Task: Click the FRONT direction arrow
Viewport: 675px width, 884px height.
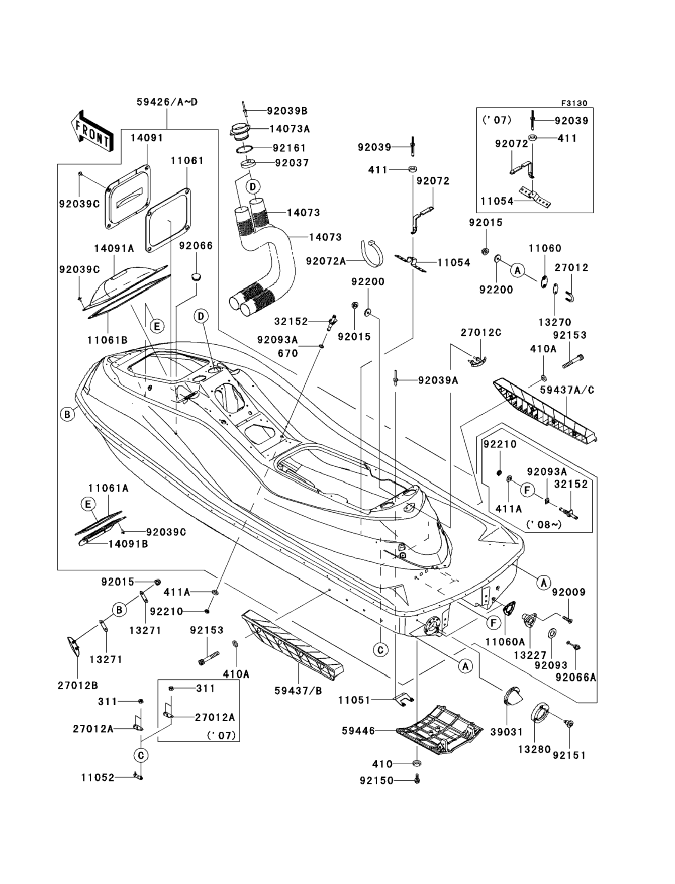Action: (x=92, y=132)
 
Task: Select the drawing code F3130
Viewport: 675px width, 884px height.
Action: (x=574, y=104)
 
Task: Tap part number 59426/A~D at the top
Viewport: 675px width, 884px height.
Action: (x=167, y=102)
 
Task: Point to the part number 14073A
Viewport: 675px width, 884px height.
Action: (x=289, y=129)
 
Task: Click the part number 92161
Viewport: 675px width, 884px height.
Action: (x=289, y=148)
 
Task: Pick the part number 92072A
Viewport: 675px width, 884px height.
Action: (x=326, y=261)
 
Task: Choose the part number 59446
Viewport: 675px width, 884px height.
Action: (x=358, y=731)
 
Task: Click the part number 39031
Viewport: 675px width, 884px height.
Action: (x=506, y=732)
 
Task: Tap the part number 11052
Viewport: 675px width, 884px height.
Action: (x=98, y=777)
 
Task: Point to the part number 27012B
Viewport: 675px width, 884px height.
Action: (x=77, y=685)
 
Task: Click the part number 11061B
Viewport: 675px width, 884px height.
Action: (x=107, y=340)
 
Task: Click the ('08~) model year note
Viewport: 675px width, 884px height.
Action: (x=544, y=524)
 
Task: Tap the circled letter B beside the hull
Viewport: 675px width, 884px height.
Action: (x=67, y=414)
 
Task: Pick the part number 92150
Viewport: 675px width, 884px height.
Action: (x=376, y=780)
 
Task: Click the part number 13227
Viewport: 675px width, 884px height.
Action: (x=530, y=655)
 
